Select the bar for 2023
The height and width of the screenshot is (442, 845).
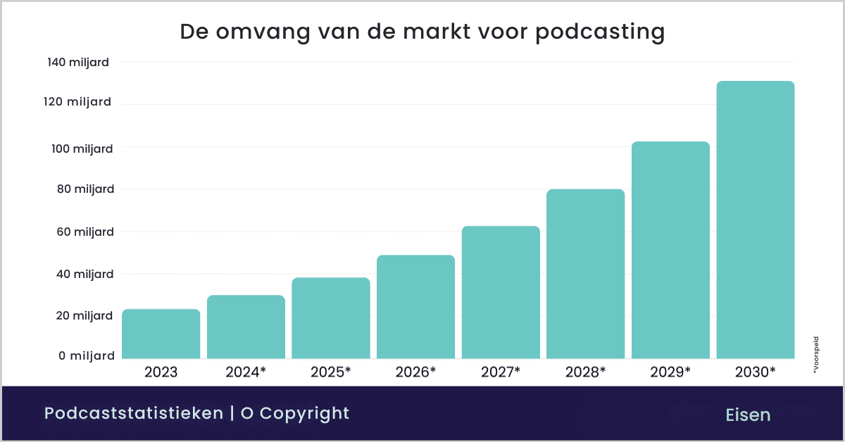161,334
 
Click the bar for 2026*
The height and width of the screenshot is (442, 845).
415,307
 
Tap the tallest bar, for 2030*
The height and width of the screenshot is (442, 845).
755,220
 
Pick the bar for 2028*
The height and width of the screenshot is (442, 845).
585,274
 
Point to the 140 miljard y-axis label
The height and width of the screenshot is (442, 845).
78,63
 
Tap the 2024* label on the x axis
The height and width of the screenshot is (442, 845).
246,372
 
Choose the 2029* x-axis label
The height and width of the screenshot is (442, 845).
670,372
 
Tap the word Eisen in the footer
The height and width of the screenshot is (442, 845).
748,415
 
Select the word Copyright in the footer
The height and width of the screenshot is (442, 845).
305,413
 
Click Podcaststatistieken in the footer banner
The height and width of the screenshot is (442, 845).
133,413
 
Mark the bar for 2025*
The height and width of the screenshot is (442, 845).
331,318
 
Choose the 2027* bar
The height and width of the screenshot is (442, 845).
501,293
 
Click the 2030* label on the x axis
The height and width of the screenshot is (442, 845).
754,372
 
